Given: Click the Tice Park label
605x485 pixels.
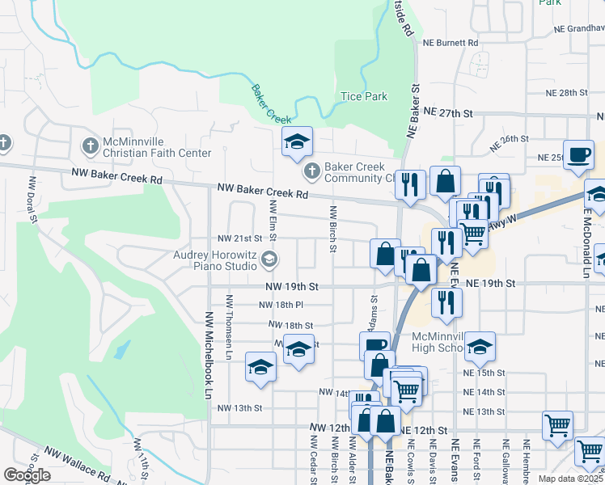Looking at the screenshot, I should tap(364, 97).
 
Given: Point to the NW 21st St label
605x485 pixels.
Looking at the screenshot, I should tap(241, 239).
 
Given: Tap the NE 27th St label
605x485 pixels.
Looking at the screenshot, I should tap(447, 114).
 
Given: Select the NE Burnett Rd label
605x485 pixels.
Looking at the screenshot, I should tap(450, 42).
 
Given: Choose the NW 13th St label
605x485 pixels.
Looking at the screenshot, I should tap(240, 408).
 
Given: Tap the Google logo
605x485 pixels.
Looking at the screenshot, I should tap(27, 475).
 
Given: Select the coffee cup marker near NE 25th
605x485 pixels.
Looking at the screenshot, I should tap(579, 155).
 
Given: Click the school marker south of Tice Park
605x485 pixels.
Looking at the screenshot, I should tap(297, 142).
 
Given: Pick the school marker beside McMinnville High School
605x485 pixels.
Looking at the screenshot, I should tap(480, 347).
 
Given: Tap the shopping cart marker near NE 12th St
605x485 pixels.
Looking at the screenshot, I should tap(558, 425).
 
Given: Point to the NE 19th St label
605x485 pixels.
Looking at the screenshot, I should tap(490, 284).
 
